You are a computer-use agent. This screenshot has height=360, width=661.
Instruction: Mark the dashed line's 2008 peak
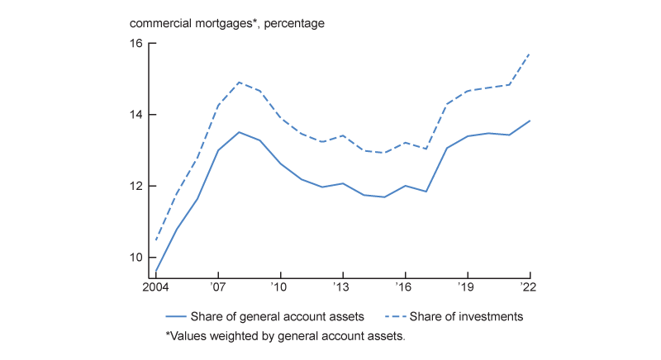[239, 83]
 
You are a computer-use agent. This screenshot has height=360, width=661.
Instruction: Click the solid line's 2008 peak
[239, 132]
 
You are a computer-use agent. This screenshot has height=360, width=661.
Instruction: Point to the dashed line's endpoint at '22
[529, 53]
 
